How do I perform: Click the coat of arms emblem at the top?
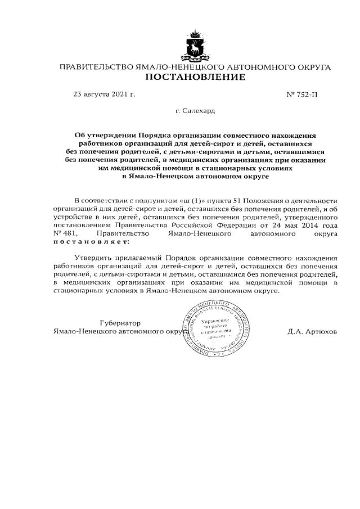tap(195, 46)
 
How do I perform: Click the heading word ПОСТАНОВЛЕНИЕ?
tap(195, 77)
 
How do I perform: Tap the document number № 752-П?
tap(302, 94)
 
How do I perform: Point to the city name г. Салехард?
tap(195, 111)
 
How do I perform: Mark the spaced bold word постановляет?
tap(91, 241)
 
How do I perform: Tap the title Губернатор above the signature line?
tap(119, 323)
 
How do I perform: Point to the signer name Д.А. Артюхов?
tap(312, 331)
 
